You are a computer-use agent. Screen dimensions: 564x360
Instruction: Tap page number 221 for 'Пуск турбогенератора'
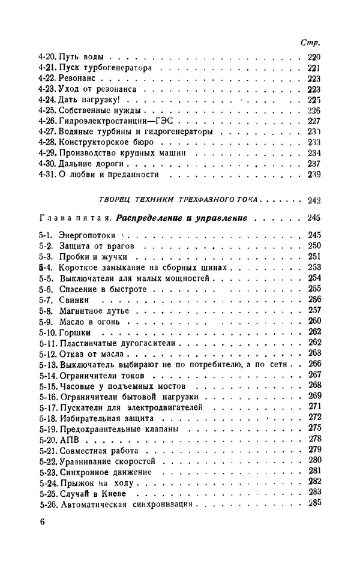pos(313,68)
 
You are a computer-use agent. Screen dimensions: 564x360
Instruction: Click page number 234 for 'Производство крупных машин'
pos(313,153)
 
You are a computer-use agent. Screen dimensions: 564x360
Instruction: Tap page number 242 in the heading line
pos(313,200)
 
